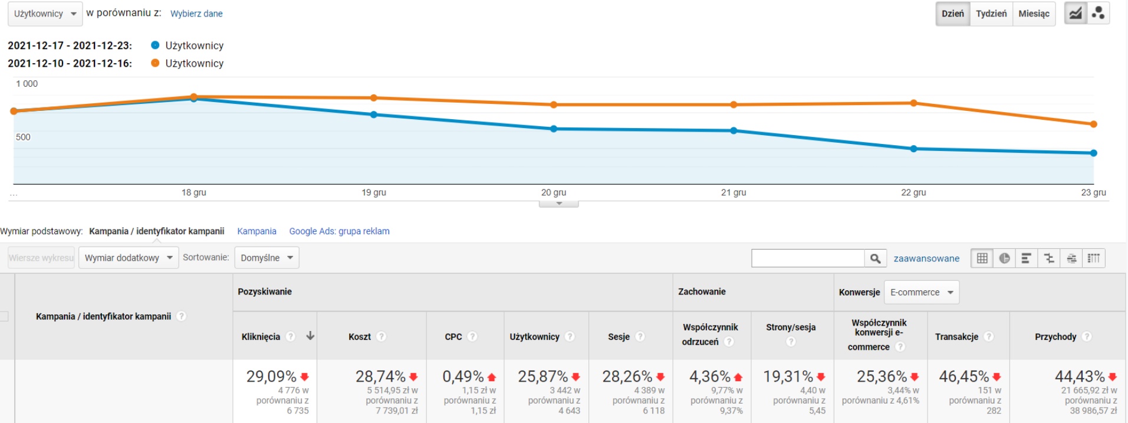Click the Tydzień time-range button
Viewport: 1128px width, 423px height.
pos(991,14)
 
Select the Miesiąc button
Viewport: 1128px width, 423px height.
pos(1034,14)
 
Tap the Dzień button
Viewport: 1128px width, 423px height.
pos(952,14)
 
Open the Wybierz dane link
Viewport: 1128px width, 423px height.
pos(196,14)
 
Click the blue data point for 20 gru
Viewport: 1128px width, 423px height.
pos(554,129)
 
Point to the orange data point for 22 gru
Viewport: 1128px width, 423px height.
pos(913,103)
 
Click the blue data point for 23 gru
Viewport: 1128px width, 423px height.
pos(1093,153)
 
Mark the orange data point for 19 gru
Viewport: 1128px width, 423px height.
pos(374,98)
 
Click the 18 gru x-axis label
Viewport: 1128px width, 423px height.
pos(194,192)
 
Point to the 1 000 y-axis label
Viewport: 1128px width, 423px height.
pos(27,84)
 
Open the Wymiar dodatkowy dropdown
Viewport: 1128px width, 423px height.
pos(129,258)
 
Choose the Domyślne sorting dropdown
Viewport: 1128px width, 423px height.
pos(267,258)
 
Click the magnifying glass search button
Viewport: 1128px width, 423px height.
pos(875,258)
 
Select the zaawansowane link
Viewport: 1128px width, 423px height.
pos(926,258)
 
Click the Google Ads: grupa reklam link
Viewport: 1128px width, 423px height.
pos(339,231)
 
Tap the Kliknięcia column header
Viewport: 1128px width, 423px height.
pos(261,337)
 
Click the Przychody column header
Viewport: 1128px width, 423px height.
pos(1055,337)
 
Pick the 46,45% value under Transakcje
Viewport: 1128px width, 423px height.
pos(963,376)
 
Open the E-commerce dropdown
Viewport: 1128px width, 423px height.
pos(922,293)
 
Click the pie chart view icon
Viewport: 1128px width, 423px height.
pos(1004,258)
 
